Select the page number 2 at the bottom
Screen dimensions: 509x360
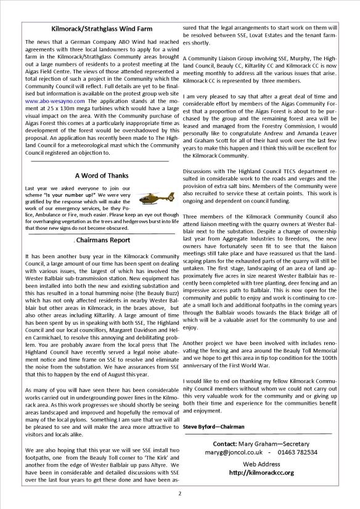[179, 493]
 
